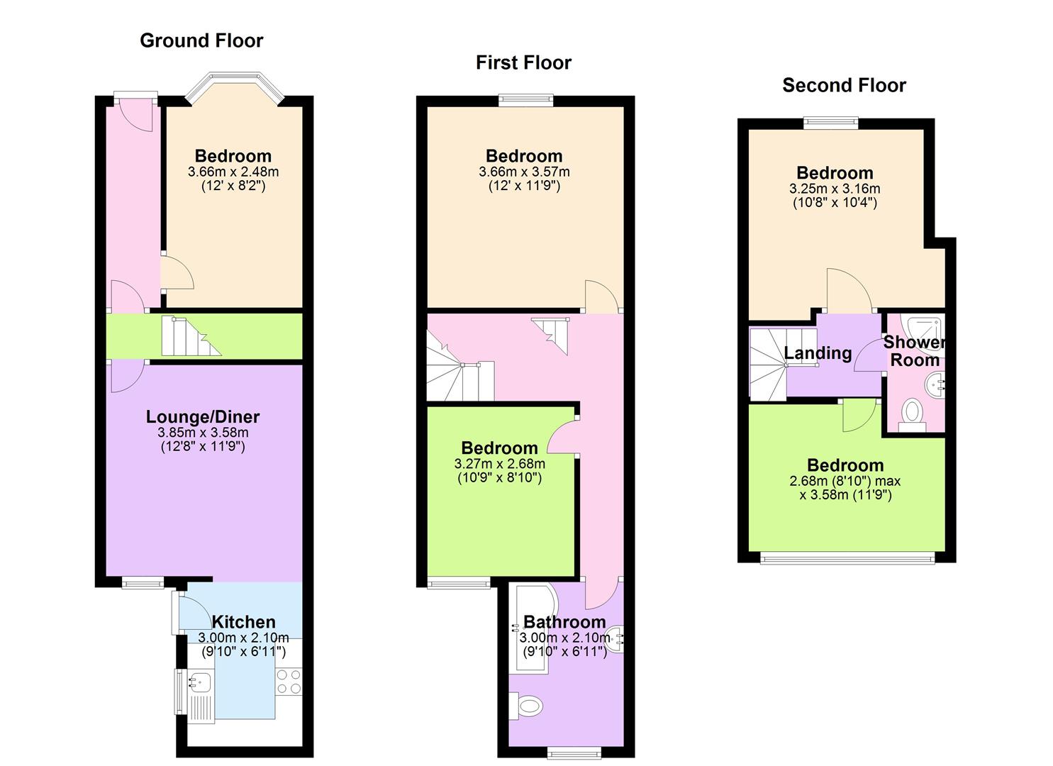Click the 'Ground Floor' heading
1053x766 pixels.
point(201,40)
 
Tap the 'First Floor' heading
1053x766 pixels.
point(523,62)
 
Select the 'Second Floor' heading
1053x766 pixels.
point(844,85)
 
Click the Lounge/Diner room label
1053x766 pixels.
point(203,416)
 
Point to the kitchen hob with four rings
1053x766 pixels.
point(289,682)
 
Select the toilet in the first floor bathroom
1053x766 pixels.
point(528,706)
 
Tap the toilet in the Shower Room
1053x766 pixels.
point(912,413)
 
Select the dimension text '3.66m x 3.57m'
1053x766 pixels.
point(524,172)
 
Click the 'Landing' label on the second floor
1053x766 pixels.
point(818,353)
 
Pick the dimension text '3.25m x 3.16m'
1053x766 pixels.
point(835,189)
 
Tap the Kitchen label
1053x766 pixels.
point(243,622)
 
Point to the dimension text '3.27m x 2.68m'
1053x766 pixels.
point(499,464)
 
